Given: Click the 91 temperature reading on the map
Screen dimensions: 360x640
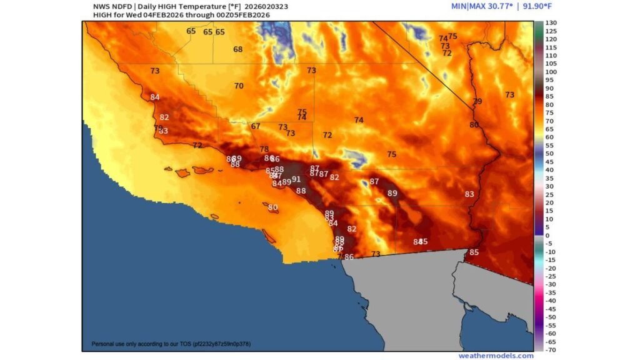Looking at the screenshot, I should click(296, 179).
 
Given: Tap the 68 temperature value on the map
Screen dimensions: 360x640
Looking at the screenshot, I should click(237, 49).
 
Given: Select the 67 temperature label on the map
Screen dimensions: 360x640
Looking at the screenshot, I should click(256, 126).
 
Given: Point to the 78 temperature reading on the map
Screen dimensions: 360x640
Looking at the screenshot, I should click(264, 149).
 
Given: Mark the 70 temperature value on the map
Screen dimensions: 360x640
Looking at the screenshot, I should click(238, 86).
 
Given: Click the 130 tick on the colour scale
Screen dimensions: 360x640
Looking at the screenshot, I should click(551, 23).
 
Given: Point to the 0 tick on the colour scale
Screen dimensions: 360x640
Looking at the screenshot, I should click(548, 235).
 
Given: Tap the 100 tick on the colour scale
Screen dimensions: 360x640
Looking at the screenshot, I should click(551, 72).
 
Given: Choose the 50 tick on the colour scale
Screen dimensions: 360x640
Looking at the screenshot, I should click(549, 153).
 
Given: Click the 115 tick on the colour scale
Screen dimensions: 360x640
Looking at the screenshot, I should click(551, 47).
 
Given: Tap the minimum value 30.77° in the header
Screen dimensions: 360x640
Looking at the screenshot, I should click(497, 6).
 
